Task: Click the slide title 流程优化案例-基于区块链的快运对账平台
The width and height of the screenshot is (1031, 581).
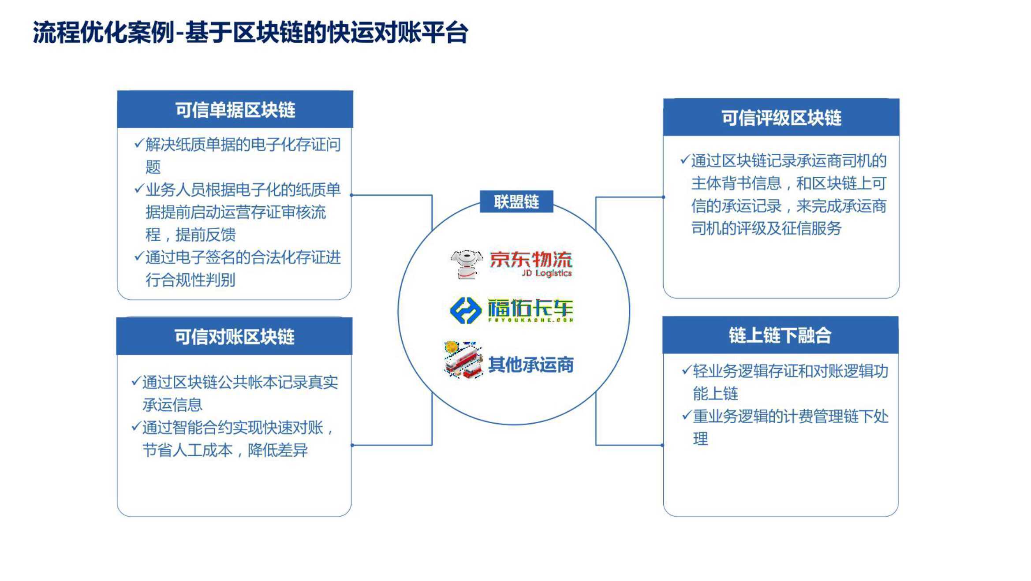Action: (250, 32)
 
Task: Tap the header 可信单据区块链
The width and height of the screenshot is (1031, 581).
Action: (235, 110)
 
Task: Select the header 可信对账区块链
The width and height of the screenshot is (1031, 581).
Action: (234, 337)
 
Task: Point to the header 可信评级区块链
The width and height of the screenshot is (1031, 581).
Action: (781, 118)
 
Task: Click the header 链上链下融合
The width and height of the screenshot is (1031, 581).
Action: (780, 335)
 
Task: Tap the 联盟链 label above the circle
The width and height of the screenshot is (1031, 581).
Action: (516, 202)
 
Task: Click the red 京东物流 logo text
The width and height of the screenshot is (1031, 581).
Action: (531, 259)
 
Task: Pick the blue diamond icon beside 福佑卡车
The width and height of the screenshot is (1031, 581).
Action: (466, 310)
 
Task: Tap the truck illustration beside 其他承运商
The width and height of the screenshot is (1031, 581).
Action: (463, 360)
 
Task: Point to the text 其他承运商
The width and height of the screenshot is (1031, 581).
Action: (531, 365)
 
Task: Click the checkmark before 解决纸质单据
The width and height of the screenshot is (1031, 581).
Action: (139, 143)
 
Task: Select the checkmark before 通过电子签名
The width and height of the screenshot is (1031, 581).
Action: (139, 256)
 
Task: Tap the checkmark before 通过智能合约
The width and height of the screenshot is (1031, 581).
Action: (136, 426)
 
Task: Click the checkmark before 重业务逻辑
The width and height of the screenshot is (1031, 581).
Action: (687, 415)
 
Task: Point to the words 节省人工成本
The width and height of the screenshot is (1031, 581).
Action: (187, 450)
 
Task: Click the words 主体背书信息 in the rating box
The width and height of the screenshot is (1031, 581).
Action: (736, 183)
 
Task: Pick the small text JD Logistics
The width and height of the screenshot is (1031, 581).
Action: (547, 273)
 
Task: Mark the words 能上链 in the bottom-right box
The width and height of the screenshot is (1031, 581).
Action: (715, 394)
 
